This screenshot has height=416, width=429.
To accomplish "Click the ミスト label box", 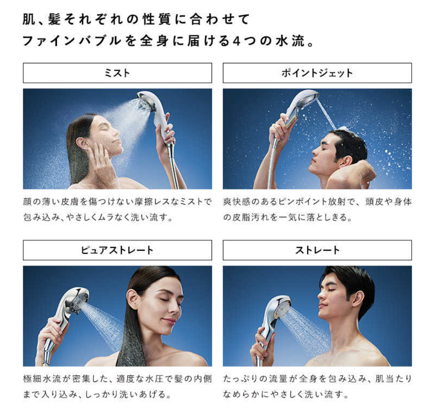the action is [x=117, y=73].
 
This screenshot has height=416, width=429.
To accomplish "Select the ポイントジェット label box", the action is [x=317, y=73].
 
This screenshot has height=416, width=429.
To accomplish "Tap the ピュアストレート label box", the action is [x=117, y=250].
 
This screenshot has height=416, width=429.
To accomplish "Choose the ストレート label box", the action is [x=317, y=250].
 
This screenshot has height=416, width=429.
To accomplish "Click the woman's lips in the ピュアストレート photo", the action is [x=168, y=320].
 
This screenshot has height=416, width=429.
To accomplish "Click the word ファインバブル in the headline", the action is [x=72, y=41].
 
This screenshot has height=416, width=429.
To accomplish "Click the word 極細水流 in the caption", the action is [x=42, y=379].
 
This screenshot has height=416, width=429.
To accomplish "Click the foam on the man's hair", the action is [x=342, y=128].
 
